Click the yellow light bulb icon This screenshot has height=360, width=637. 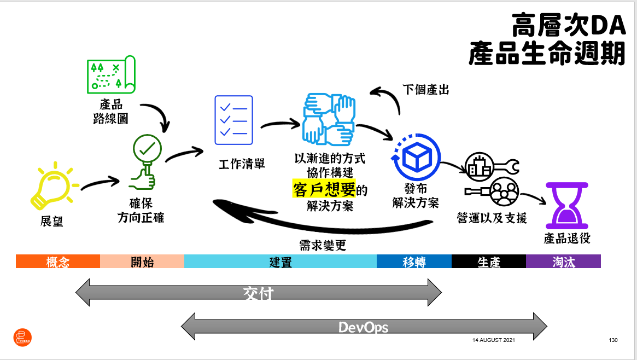pos(53,186)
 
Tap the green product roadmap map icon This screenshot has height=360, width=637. pos(110,74)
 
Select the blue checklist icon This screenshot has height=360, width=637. pos(233,120)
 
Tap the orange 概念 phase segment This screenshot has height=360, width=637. pos(58,262)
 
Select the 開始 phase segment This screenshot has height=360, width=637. pos(142,262)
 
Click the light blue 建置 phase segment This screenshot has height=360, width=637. pos(280,262)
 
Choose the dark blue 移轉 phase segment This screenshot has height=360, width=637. pos(414,262)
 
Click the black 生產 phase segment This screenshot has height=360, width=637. pos(489,262)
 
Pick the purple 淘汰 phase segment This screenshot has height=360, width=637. pos(563,262)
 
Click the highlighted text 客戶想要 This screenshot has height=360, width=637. pos(324,189)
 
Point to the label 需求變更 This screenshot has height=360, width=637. pos(323,245)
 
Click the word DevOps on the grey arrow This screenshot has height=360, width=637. pos(364,327)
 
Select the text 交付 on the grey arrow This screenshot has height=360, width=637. pos(258,293)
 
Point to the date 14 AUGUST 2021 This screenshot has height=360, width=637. pos(493,340)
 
